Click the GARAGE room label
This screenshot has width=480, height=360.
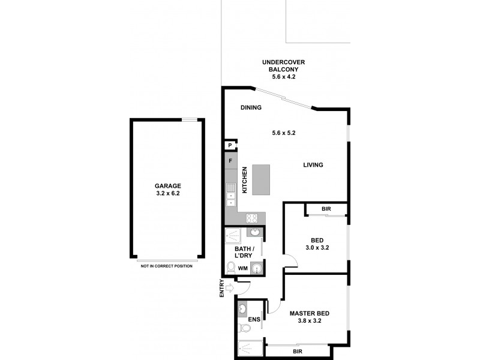tap(167, 186)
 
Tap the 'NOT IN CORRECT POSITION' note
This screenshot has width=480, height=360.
tap(167, 266)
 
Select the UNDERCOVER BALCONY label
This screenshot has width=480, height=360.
tap(283, 69)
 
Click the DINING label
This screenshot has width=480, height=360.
tap(251, 108)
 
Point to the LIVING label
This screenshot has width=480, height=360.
tap(313, 165)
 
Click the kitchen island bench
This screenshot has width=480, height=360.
tap(262, 179)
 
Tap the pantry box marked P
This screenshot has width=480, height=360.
tap(230, 145)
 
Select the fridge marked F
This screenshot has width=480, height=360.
tap(230, 161)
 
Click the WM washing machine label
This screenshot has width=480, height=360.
tap(243, 268)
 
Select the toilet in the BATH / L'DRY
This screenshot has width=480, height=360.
tap(231, 267)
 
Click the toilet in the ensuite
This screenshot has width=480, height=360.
tap(242, 327)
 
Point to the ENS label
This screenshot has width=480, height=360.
tap(254, 319)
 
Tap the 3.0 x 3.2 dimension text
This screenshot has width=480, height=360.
tap(317, 247)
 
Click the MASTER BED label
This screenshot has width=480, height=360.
tap(309, 313)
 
